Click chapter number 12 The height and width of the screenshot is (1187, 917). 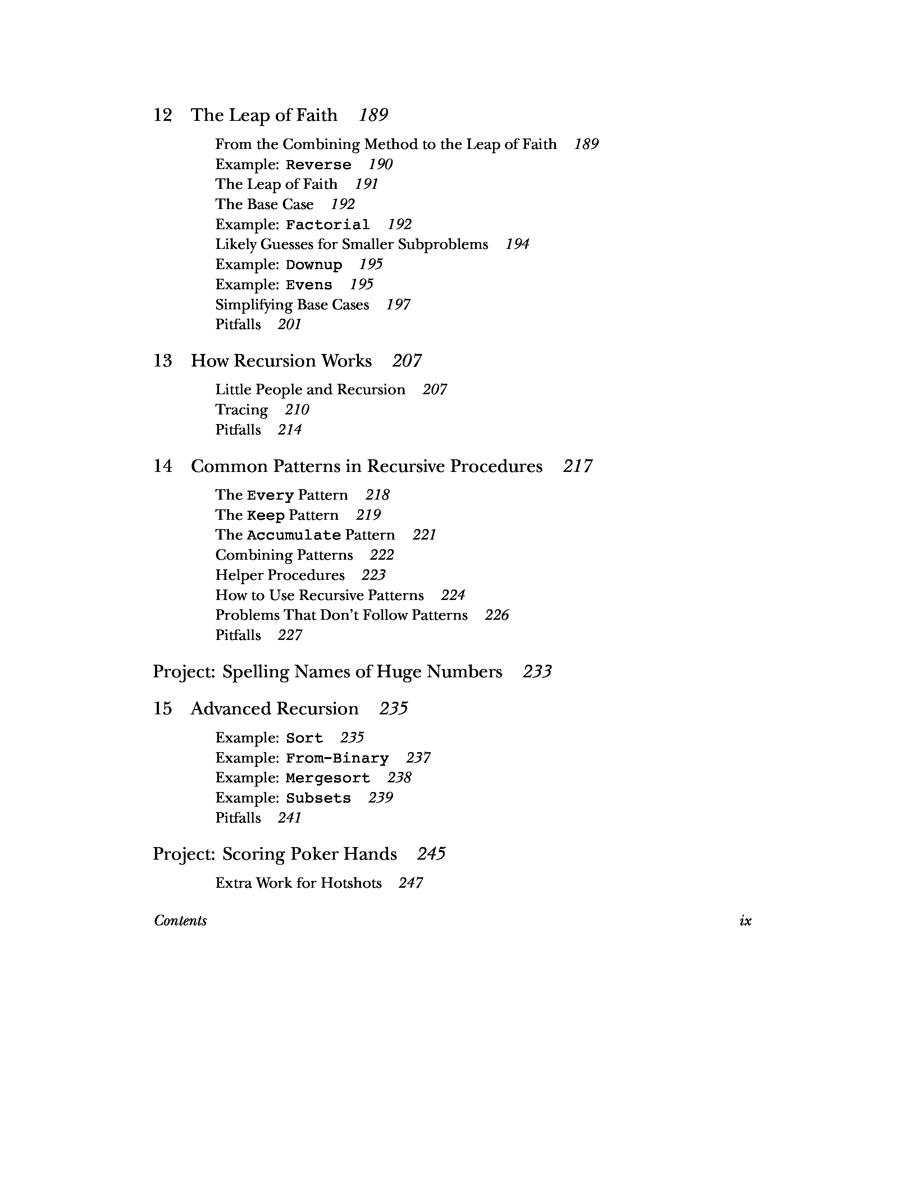point(163,115)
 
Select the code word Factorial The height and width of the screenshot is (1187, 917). point(328,224)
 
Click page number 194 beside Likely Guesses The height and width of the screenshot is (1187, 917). point(517,245)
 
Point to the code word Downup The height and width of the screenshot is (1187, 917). point(314,265)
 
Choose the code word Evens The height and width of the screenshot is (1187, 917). point(309,285)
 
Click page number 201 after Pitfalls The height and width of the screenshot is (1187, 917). point(289,324)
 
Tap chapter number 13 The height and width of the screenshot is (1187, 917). point(163,361)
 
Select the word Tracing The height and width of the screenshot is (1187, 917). point(241,410)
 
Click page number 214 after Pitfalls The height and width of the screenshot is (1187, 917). point(289,430)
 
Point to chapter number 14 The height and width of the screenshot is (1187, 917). point(163,466)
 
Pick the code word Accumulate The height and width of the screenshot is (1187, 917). point(294,535)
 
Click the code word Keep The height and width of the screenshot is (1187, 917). point(266,515)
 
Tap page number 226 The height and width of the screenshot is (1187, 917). point(497,615)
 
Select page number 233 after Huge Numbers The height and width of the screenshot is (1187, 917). point(537,672)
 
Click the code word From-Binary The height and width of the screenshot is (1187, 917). point(337,758)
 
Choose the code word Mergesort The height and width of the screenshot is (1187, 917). point(328,778)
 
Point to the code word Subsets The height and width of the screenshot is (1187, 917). point(318,799)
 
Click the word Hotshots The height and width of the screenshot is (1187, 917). point(351,883)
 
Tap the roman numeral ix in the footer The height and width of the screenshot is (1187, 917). point(745,921)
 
